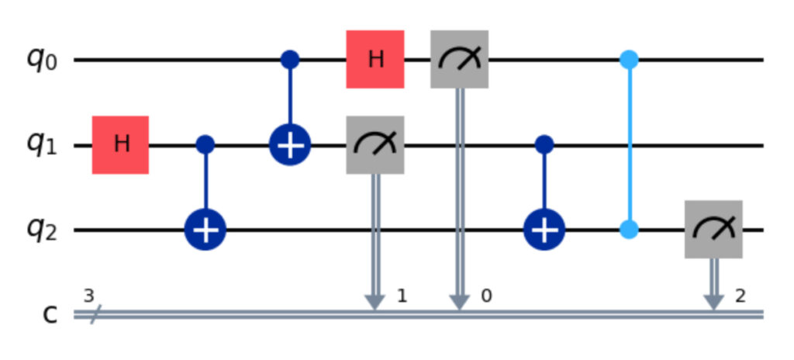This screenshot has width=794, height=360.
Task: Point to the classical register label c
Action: coord(38,317)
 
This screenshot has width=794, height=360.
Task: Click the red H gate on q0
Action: coord(375,60)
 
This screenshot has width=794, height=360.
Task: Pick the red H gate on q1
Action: coord(120,145)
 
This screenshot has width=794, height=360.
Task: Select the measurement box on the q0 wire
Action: coord(459,60)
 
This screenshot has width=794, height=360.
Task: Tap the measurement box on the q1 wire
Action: coord(375,145)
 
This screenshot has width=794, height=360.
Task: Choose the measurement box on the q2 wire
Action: coord(713,230)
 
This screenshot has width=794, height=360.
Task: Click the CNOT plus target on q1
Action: coord(290,145)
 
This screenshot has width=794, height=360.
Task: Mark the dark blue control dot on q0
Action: coord(290,60)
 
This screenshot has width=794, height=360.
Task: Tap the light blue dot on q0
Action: coord(629,60)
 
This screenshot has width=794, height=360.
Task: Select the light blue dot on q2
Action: coord(629,230)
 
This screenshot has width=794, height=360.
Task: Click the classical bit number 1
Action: coord(401,295)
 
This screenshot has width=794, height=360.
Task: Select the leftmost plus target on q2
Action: coord(205,230)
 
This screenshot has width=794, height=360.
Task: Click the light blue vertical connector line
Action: coord(629,145)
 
